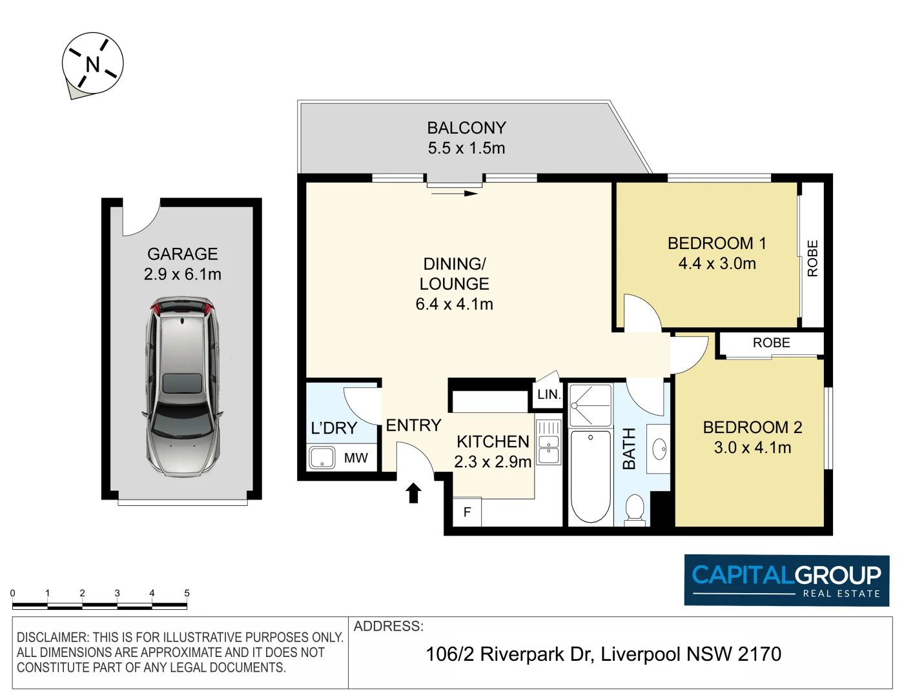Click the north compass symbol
[x=92, y=64]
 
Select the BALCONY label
[x=466, y=128]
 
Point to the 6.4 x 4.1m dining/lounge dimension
[x=454, y=304]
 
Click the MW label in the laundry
[x=356, y=458]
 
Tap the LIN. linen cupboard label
[x=548, y=394]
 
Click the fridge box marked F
[x=467, y=512]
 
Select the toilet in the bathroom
[x=635, y=509]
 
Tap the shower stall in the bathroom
[x=590, y=405]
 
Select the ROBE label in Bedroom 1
[x=812, y=258]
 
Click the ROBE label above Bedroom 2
[x=771, y=343]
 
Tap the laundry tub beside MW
[x=322, y=458]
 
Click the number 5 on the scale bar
[x=187, y=593]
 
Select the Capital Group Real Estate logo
[x=786, y=580]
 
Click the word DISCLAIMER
[x=53, y=638]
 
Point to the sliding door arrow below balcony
[x=455, y=192]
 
